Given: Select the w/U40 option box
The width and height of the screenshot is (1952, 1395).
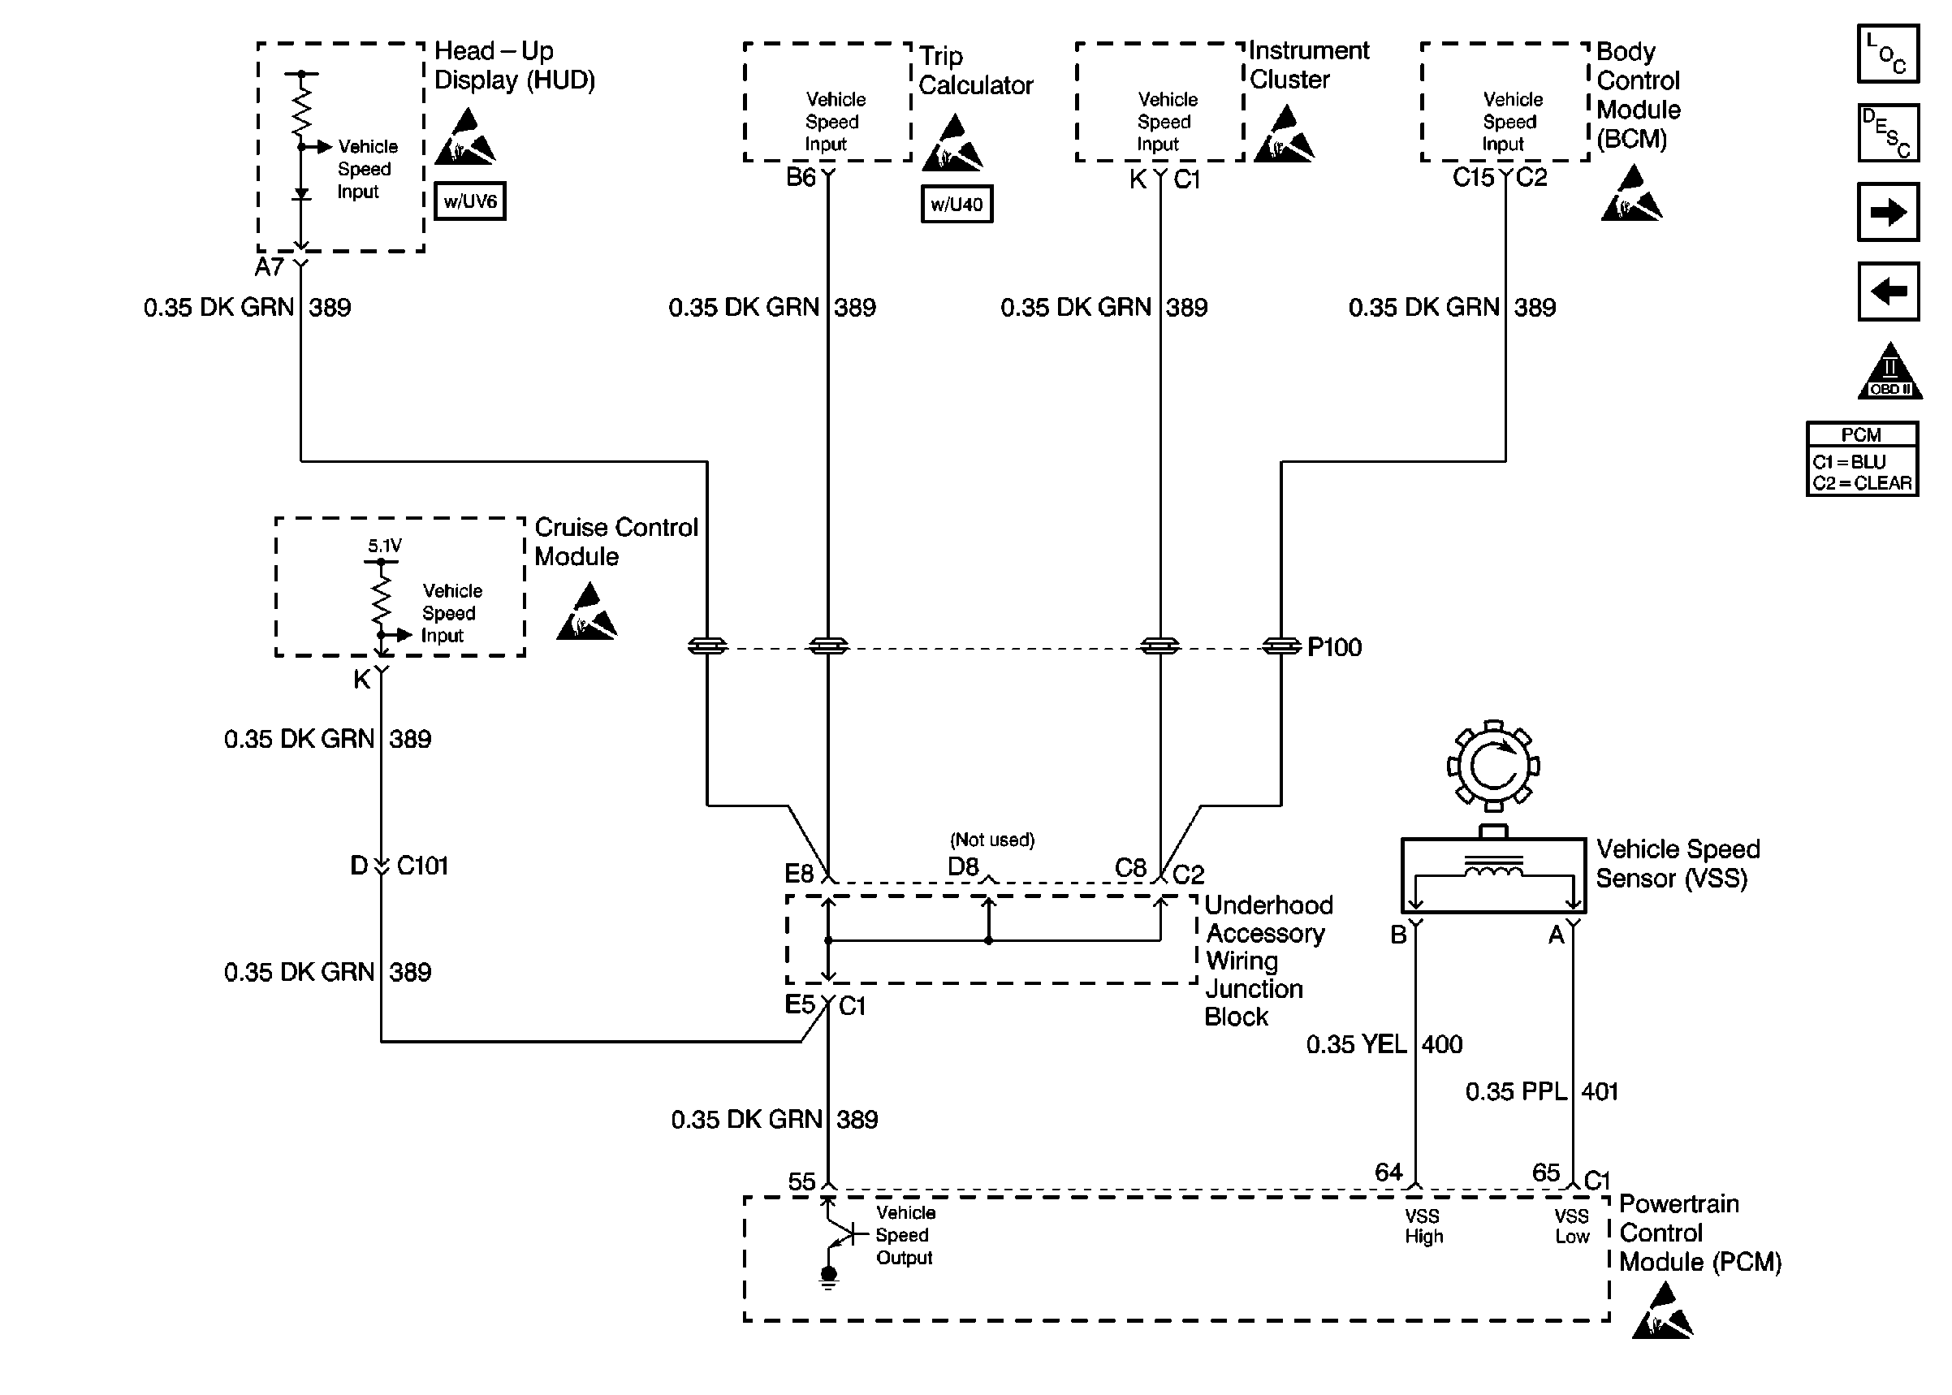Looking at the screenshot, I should [956, 205].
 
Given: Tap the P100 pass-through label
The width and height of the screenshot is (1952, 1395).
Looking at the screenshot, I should [1334, 647].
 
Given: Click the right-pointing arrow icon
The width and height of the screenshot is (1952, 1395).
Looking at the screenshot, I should [1888, 212].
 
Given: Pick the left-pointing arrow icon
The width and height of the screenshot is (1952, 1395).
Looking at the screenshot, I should [1888, 292].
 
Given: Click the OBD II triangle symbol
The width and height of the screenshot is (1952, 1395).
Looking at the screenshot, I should [1889, 374].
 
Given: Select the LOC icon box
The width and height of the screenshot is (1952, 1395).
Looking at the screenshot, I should [1888, 54].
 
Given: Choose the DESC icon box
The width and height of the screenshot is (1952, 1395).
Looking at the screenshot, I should [1888, 133].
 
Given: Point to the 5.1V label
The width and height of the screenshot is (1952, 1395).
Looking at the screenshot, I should [385, 546].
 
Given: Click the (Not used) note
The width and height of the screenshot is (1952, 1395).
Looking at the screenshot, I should [992, 840].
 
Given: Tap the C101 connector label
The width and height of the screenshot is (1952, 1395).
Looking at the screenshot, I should [422, 865].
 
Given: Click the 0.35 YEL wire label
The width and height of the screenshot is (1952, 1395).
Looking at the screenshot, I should [1356, 1044].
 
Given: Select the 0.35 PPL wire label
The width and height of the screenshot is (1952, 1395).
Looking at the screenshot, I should [1516, 1092].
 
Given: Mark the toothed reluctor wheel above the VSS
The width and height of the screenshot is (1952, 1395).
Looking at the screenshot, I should [1492, 766].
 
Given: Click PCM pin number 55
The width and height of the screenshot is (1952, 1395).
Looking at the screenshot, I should [801, 1182].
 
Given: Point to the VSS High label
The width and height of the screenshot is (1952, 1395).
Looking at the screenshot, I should [1423, 1227].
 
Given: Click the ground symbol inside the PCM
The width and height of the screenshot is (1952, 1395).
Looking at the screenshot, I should [828, 1278].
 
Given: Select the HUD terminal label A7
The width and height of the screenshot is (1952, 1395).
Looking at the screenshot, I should [269, 267].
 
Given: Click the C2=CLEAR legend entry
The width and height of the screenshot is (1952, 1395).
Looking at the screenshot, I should [1862, 484].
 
